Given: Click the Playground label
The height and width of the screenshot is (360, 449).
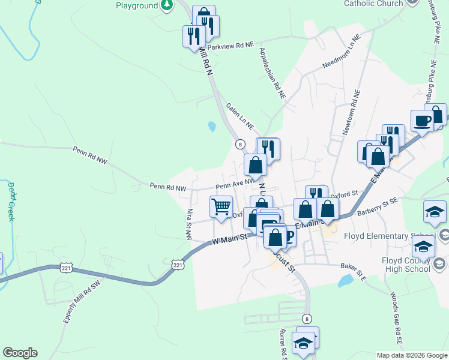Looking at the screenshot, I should point(136,5).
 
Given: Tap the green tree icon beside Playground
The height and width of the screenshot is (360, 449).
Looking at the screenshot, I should point(167,5).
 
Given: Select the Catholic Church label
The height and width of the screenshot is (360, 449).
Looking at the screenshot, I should point(373,4).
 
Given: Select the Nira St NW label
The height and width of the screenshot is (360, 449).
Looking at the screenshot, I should point(189,224).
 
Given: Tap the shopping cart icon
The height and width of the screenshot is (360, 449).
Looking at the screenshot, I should point(221,207).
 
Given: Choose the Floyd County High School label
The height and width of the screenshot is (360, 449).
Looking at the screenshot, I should point(406,265).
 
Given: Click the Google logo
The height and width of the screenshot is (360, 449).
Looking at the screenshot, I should point(20,353).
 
